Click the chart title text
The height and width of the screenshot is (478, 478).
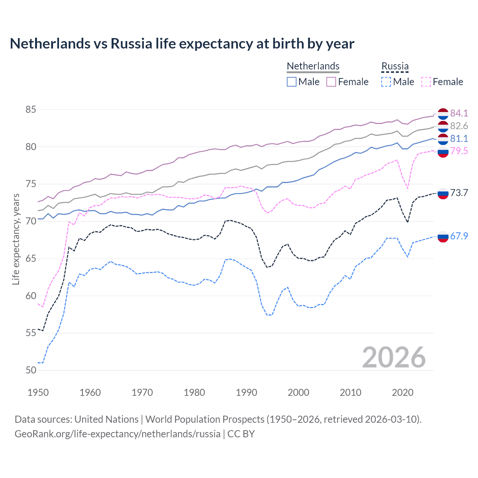182,44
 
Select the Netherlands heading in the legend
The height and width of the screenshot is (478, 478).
313,66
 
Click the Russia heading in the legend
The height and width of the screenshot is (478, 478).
395,66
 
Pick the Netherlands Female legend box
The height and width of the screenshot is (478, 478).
331,82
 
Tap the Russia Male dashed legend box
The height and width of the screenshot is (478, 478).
386,82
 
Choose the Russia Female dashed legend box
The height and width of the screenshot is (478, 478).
426,82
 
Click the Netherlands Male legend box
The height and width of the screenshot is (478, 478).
292,82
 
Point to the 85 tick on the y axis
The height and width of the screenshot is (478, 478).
31,109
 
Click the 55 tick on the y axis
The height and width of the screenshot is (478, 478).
31,333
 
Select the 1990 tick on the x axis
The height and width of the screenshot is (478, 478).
246,392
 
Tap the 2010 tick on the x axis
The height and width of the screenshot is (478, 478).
350,392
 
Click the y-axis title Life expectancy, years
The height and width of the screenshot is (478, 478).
16,239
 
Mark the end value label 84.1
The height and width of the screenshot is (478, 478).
459,113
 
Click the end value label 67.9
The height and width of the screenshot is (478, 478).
459,236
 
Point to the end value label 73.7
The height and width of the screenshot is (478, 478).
459,193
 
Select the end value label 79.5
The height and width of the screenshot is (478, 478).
459,151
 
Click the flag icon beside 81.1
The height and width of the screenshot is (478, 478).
443,139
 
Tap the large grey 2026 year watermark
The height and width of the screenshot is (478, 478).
394,357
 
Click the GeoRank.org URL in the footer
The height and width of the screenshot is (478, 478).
117,434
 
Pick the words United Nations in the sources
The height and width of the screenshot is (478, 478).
106,419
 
